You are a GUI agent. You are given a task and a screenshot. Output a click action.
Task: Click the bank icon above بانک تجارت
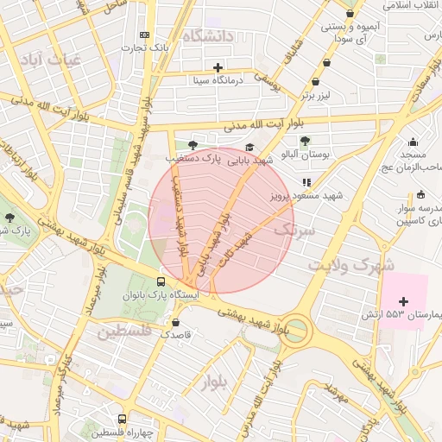[144, 35]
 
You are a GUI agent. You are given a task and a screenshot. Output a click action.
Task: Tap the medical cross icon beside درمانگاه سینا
[218, 67]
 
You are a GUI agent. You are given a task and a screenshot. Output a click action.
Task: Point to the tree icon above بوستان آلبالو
[305, 140]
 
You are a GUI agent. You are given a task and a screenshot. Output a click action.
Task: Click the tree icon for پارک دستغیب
[192, 144]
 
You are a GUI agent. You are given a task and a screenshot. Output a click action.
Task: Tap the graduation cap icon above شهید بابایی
[250, 147]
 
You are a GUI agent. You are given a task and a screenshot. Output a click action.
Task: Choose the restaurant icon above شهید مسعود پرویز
[306, 182]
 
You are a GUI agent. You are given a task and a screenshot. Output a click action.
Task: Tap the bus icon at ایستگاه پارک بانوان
[161, 281]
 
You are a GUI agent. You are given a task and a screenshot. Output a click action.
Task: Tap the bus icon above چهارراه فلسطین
[122, 418]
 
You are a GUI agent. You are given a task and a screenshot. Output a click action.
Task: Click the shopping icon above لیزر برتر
[326, 62]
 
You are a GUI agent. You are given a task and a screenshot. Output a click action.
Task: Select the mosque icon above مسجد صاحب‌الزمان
[414, 142]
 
